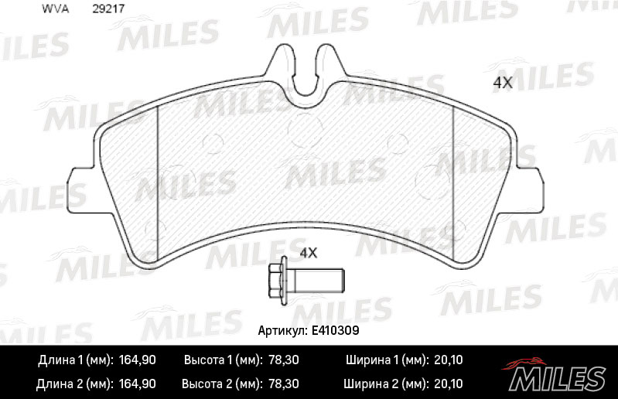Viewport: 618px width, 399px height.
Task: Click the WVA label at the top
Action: [55, 9]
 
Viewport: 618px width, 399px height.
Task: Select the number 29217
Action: [108, 9]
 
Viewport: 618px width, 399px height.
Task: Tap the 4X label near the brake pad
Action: [503, 83]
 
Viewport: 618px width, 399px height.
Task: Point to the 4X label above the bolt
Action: [309, 253]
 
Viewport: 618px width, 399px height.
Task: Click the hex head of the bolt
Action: [278, 281]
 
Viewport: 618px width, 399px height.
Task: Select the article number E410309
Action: [336, 330]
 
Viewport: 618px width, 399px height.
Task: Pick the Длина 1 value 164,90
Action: [138, 360]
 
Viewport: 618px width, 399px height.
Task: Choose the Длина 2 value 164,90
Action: [138, 384]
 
